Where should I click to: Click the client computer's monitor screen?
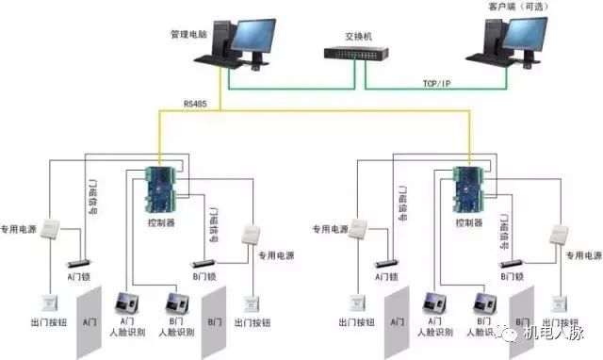coord(524,35)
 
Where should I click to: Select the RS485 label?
coord(196,104)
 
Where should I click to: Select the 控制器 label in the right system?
coord(467,224)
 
